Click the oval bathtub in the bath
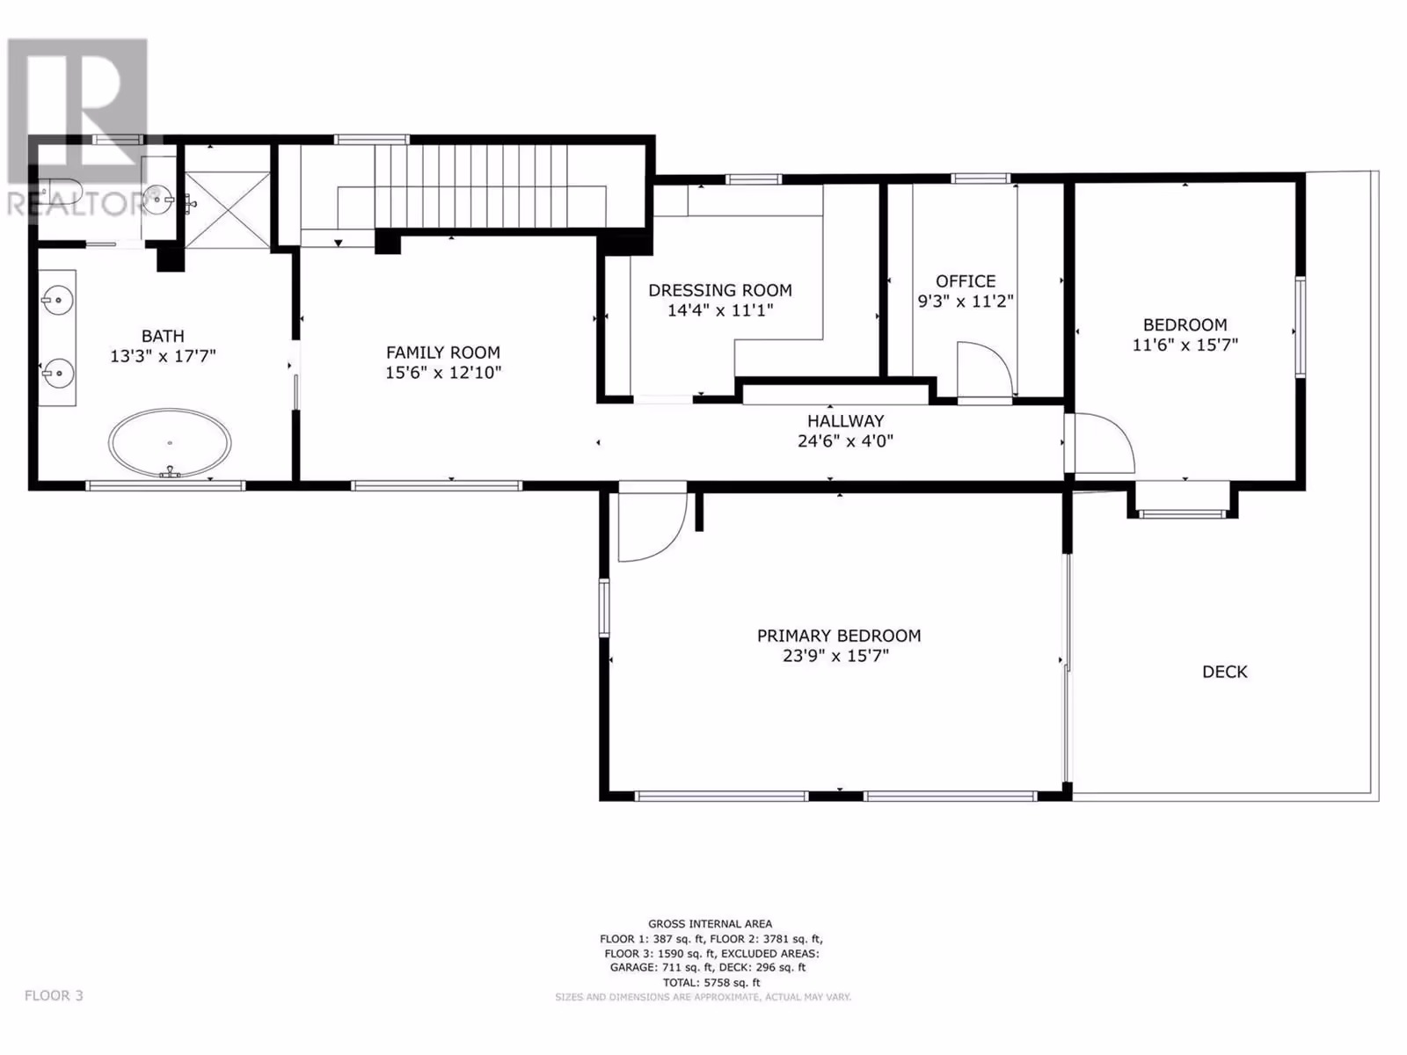170,442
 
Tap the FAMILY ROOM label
443,353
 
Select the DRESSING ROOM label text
720,290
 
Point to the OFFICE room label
966,281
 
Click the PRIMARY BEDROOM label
838,636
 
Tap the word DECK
1224,672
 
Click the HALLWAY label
845,421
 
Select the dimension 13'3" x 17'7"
163,356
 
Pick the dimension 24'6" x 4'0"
845,440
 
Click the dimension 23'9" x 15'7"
835,656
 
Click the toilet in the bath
61,190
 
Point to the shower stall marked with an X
228,209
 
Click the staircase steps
471,186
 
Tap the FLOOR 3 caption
54,995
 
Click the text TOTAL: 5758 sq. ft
711,982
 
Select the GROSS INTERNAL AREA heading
711,924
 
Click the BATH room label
163,336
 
